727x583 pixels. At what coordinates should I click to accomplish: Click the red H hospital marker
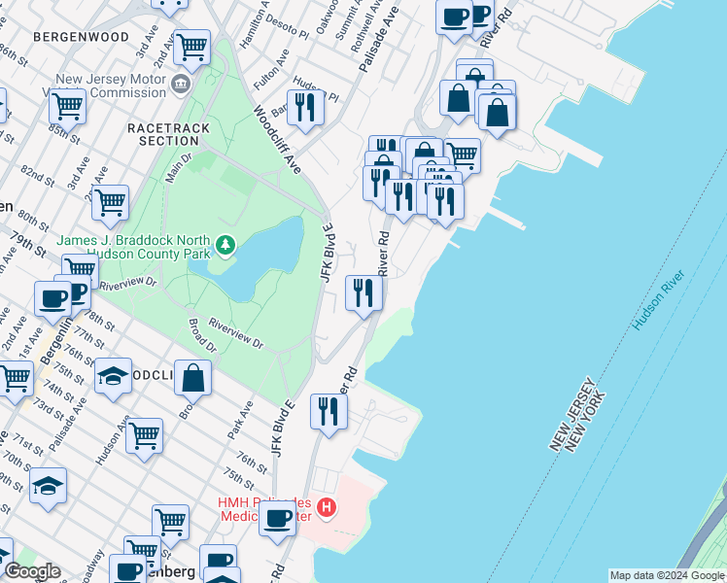(x=327, y=507)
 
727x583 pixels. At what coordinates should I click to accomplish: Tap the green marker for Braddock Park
(x=226, y=244)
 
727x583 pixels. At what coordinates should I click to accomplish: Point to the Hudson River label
(x=658, y=301)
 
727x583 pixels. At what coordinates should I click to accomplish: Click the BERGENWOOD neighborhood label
(x=81, y=37)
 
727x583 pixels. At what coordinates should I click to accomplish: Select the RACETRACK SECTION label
(x=163, y=134)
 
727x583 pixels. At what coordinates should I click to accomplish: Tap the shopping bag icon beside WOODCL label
(x=193, y=379)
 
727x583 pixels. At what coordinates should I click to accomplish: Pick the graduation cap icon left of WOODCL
(x=114, y=376)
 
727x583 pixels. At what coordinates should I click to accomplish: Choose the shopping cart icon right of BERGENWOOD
(x=191, y=46)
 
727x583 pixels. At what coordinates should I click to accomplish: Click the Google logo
(x=31, y=571)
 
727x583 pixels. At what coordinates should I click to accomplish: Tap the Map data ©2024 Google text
(x=667, y=575)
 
